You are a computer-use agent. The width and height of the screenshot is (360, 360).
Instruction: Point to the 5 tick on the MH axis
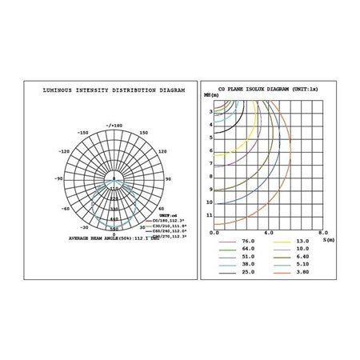pos(211,150)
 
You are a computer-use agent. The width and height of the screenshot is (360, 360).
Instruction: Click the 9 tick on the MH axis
pos(211,190)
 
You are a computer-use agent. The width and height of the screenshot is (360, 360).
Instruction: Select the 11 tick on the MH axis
pos(210,216)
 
